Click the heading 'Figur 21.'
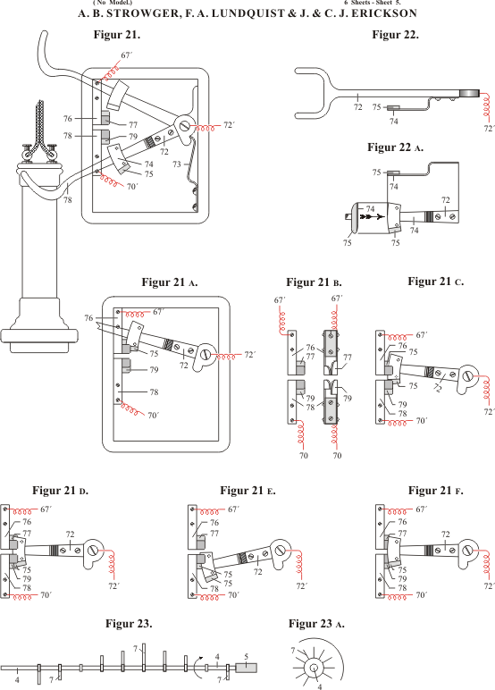click(116, 35)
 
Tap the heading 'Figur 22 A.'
click(395, 147)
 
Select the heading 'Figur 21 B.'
click(314, 282)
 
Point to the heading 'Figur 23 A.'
click(316, 624)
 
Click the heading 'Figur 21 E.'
click(247, 491)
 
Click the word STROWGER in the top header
click(143, 13)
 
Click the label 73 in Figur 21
click(176, 164)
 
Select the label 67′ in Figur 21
click(127, 55)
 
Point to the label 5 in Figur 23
click(247, 658)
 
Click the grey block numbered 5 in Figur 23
click(246, 668)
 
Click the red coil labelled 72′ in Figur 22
click(485, 105)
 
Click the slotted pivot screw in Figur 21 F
click(468, 550)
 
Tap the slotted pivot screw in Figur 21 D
click(93, 550)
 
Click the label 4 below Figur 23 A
click(320, 686)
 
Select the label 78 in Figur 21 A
click(154, 391)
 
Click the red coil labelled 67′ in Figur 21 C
click(396, 338)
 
